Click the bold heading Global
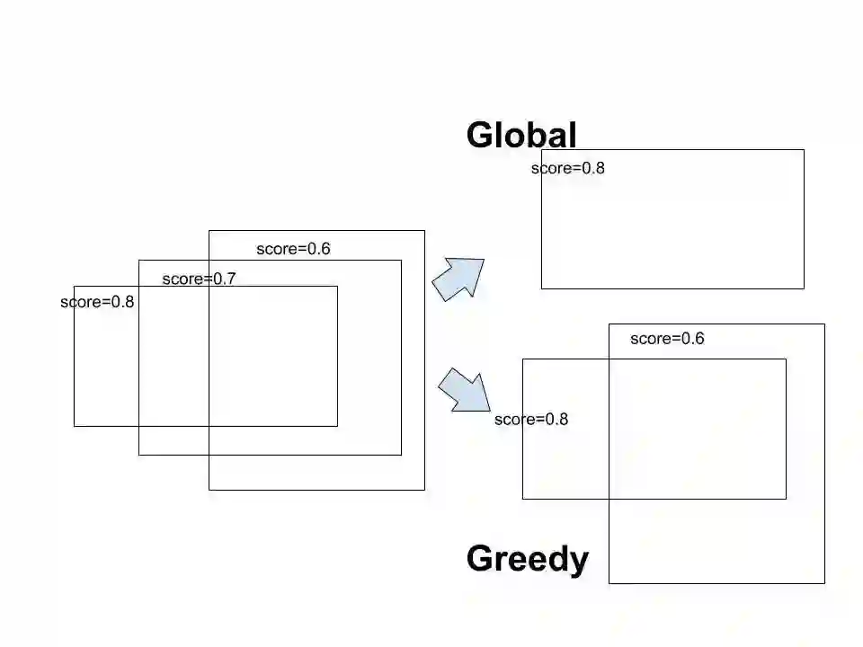521,135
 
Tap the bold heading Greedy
528,559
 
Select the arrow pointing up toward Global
459,279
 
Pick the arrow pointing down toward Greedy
464,392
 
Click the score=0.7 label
199,279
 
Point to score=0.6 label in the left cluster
293,249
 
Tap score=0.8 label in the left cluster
97,302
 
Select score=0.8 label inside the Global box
568,168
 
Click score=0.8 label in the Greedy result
531,420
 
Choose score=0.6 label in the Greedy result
667,339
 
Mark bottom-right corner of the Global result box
804,288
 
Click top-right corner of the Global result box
804,150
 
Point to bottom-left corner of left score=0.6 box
209,490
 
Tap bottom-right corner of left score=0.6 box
424,490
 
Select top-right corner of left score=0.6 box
424,231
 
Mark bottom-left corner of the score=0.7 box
138,455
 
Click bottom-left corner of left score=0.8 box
74,426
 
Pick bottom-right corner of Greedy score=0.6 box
824,583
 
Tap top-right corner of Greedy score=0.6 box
824,323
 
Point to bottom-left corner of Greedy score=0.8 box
522,499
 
